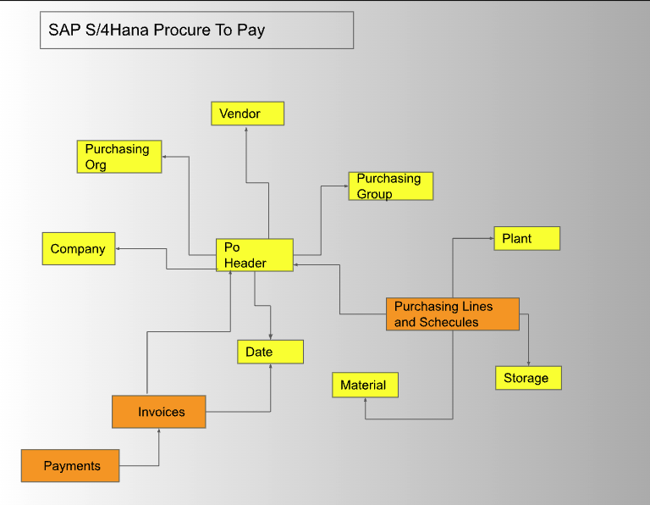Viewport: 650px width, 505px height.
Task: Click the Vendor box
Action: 247,114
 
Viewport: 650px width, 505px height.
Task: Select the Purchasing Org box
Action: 118,157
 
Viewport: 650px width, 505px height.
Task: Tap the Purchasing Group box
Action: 390,186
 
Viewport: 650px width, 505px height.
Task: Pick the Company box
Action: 79,249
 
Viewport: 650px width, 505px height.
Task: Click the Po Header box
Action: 254,255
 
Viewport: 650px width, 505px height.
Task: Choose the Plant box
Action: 526,238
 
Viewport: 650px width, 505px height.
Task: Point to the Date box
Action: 270,352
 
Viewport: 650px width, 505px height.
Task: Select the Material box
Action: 364,386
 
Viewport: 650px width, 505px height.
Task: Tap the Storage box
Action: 528,378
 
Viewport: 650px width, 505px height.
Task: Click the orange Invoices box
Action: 159,412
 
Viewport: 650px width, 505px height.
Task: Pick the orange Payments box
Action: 70,466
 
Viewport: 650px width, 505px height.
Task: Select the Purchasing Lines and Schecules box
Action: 452,314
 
